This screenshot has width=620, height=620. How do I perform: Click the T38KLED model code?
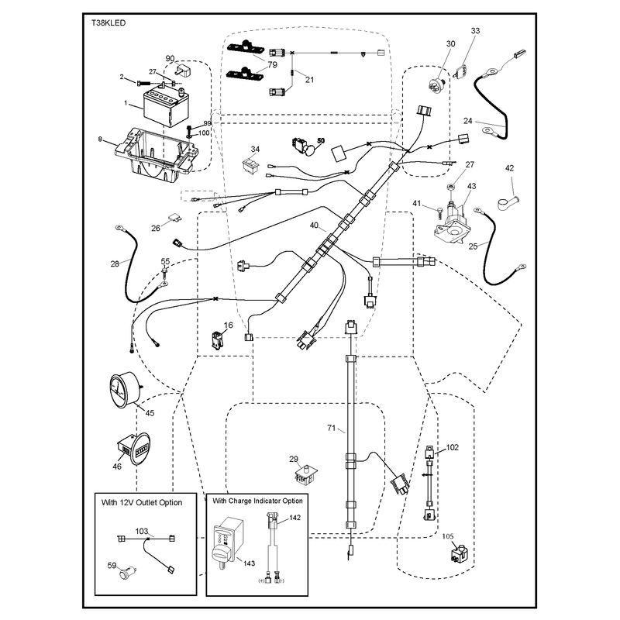pos(108,23)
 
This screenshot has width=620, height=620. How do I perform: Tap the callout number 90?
pos(170,59)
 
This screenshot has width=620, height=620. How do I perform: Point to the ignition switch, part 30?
pos(438,85)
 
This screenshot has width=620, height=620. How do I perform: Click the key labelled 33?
pos(460,72)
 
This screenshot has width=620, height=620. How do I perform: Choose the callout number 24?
pos(468,121)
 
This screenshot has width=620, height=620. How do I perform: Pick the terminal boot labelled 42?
pos(508,202)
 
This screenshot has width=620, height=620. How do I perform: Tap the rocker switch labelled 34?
pos(250,165)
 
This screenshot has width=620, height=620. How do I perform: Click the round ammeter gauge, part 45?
pos(123,390)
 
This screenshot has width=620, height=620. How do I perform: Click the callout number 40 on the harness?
pos(314,225)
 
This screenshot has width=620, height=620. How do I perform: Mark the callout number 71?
pos(332,428)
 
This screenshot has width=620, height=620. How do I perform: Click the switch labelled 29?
pos(305,475)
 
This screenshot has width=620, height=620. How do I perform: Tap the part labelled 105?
pos(460,553)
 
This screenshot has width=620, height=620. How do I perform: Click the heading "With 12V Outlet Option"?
pos(142,502)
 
